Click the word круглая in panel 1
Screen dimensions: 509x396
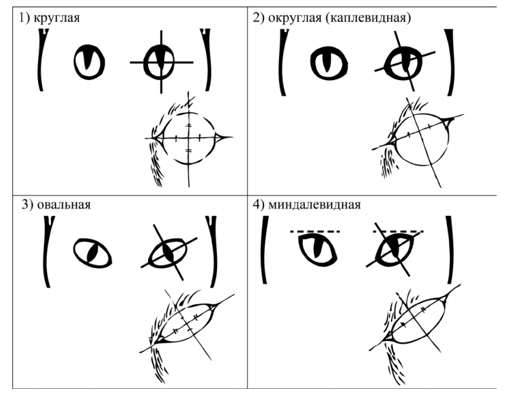(56, 18)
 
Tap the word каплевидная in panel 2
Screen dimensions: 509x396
(368, 18)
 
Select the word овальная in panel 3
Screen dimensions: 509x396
(63, 205)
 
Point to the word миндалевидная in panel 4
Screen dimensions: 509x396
(315, 205)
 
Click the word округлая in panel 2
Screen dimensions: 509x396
(295, 18)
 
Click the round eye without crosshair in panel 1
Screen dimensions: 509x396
(89, 62)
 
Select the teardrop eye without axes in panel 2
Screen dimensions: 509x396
(329, 63)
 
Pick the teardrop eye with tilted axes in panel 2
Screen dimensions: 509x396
(403, 63)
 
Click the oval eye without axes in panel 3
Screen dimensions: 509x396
(92, 253)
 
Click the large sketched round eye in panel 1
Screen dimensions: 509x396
(189, 139)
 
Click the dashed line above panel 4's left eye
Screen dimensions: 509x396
(315, 231)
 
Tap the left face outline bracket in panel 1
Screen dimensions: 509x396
(41, 60)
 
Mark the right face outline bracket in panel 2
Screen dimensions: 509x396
(450, 62)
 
